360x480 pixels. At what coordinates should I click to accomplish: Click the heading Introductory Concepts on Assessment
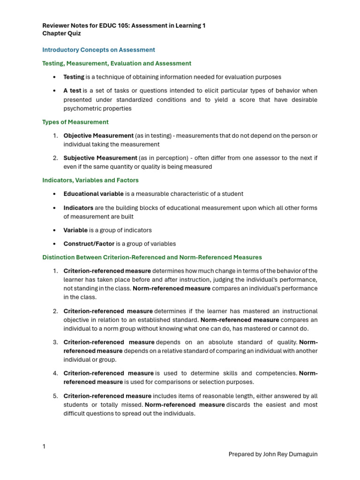[98, 50]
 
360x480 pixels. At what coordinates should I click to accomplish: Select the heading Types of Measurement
[75, 122]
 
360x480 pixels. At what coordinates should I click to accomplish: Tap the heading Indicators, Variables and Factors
[90, 180]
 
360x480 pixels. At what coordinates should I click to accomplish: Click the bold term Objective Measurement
[98, 135]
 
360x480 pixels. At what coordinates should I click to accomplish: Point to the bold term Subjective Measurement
[100, 158]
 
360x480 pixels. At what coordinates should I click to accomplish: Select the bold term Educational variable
[93, 194]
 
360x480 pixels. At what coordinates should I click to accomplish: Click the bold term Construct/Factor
[89, 244]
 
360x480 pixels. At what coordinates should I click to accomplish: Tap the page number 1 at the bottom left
[44, 447]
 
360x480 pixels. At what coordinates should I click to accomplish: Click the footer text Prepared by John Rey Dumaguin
[273, 454]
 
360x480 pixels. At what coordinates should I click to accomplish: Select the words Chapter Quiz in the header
[61, 34]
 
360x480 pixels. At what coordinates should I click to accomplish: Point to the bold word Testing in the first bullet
[74, 77]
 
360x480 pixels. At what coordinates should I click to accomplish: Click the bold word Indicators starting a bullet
[78, 208]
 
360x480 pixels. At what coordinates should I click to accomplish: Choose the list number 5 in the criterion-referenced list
[55, 396]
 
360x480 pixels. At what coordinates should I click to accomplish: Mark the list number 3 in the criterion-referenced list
[55, 342]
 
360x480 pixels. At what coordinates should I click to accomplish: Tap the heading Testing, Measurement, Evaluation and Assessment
[117, 63]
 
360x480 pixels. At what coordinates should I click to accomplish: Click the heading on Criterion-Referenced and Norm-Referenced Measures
[152, 257]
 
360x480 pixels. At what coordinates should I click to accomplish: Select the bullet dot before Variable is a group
[55, 231]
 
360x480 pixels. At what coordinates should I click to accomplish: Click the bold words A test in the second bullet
[72, 90]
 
